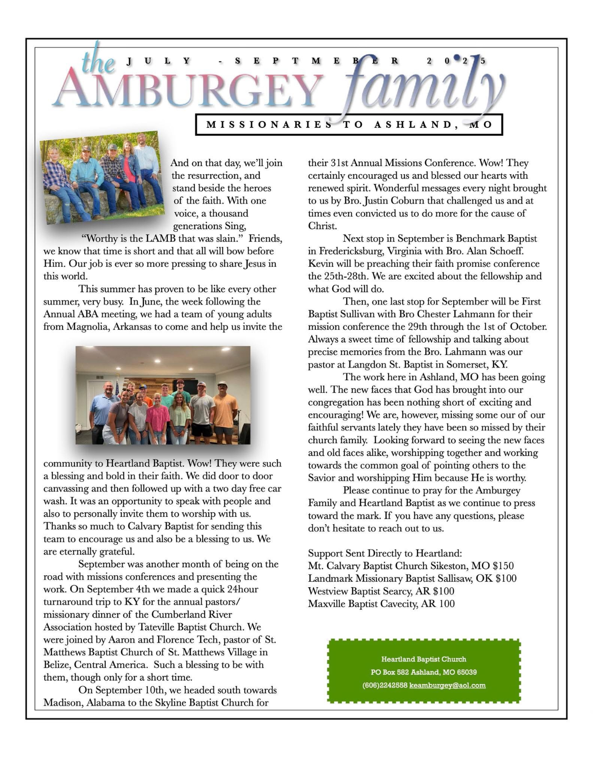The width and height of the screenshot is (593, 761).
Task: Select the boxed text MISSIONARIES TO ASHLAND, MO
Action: (349, 125)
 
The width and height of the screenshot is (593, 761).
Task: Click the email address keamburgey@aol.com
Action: (447, 685)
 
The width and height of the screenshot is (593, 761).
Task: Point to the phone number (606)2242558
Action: (385, 685)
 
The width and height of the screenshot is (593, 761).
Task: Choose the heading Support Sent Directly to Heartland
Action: (385, 553)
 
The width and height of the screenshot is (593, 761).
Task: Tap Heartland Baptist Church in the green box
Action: (423, 659)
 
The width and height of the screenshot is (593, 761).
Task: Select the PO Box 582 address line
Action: (423, 672)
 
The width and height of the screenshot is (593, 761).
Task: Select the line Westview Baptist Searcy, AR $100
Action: (381, 591)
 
